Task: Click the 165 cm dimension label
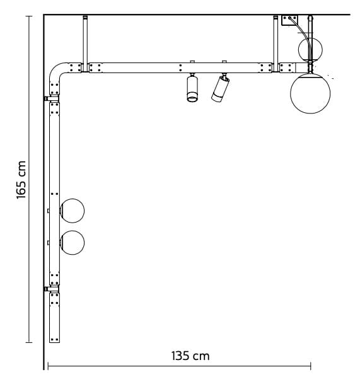click(21, 179)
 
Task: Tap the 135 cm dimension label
click(190, 356)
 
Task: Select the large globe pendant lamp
click(310, 93)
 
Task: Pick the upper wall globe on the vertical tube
click(71, 211)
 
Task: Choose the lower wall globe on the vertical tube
click(71, 243)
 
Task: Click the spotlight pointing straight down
click(192, 88)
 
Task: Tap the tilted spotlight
click(220, 89)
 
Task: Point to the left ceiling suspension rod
click(84, 39)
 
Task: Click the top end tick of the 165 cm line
click(29, 16)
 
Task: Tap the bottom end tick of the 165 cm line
click(29, 343)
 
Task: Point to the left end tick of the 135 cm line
click(48, 365)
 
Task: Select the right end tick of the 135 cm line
click(310, 365)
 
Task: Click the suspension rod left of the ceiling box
click(276, 39)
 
